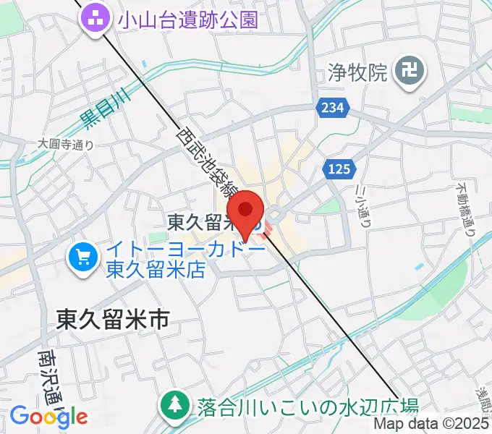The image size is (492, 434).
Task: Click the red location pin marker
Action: (247, 212)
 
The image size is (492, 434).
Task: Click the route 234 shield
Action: (332, 108)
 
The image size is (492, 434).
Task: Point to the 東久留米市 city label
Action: (112, 319)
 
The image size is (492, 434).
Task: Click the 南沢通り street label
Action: (51, 379)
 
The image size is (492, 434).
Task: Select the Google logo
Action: (48, 416)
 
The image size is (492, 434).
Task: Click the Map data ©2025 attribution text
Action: (431, 425)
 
